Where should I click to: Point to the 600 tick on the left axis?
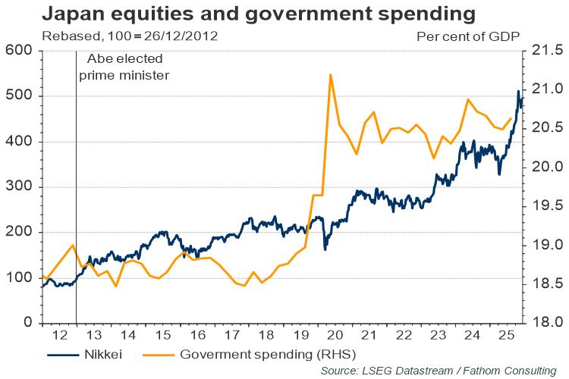[16, 51]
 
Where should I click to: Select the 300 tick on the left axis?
[16, 187]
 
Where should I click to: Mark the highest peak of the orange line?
[331, 74]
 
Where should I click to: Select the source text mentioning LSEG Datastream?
[438, 370]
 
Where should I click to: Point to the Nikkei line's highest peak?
[518, 92]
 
